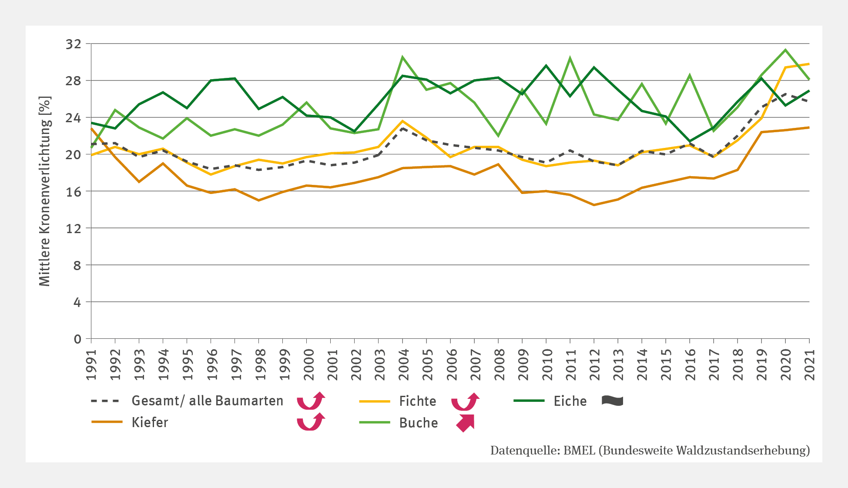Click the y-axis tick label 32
pos(73,44)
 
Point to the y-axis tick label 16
pos(73,191)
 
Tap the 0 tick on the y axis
pos(77,339)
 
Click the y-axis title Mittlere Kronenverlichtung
pos(45,191)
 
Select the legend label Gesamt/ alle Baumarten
pos(207,401)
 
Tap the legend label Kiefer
pos(150,422)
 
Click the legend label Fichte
pos(417,401)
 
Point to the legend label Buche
pos(418,423)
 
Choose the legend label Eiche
pos(570,401)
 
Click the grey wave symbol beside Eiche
pos(612,401)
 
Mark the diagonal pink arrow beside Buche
pos(465,423)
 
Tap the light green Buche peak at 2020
pos(785,50)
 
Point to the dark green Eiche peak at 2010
pos(546,66)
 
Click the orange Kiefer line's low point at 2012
pos(594,205)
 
